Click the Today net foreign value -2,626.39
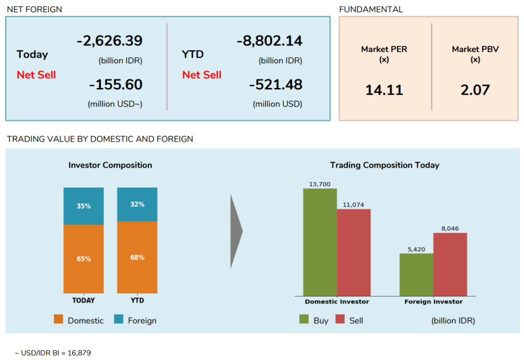click(110, 41)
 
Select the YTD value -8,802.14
click(270, 41)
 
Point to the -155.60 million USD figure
click(116, 85)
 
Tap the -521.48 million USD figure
click(276, 85)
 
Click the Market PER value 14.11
click(384, 91)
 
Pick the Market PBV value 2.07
click(475, 91)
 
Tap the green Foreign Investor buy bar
click(416, 275)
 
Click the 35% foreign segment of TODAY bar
click(83, 206)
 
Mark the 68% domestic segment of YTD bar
click(137, 257)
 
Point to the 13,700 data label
click(320, 184)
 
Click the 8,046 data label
click(450, 229)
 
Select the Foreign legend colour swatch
click(119, 320)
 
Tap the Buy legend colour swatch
click(304, 320)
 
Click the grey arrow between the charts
click(236, 231)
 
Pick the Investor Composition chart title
click(110, 165)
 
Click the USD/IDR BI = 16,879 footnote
click(53, 353)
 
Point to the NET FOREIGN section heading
click(34, 9)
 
